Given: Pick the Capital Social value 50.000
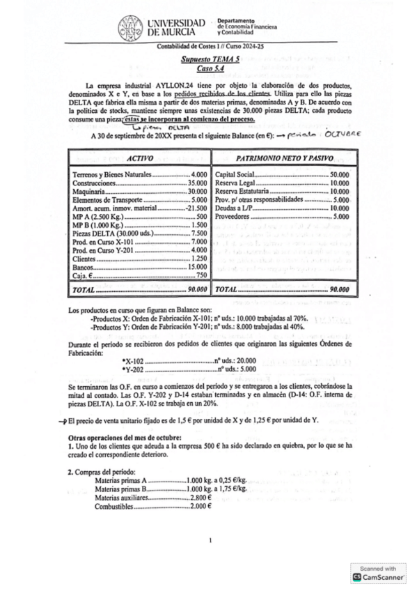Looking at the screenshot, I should coord(338,174).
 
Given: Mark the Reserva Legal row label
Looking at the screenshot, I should coord(237,183).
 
